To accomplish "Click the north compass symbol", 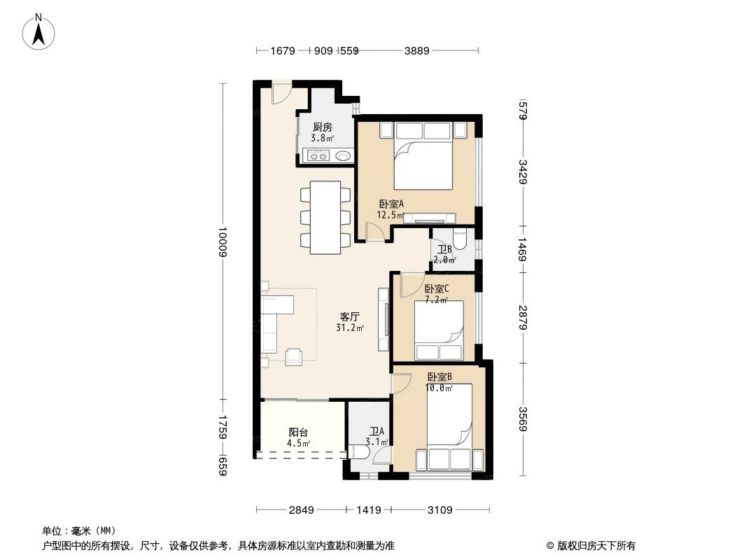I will (x=40, y=31).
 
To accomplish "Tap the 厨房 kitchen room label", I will (x=322, y=127).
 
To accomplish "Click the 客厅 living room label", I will (x=350, y=317).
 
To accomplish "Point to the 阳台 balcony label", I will (x=299, y=433).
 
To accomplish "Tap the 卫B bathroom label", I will (x=444, y=249).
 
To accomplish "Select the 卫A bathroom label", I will (x=377, y=432).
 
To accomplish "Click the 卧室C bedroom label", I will (x=437, y=288).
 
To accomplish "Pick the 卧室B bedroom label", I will (x=440, y=377).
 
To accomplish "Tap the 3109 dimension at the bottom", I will (x=440, y=510).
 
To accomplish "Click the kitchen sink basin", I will (x=343, y=157).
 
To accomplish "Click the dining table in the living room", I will (x=325, y=218).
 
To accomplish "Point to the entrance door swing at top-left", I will (x=281, y=93).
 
